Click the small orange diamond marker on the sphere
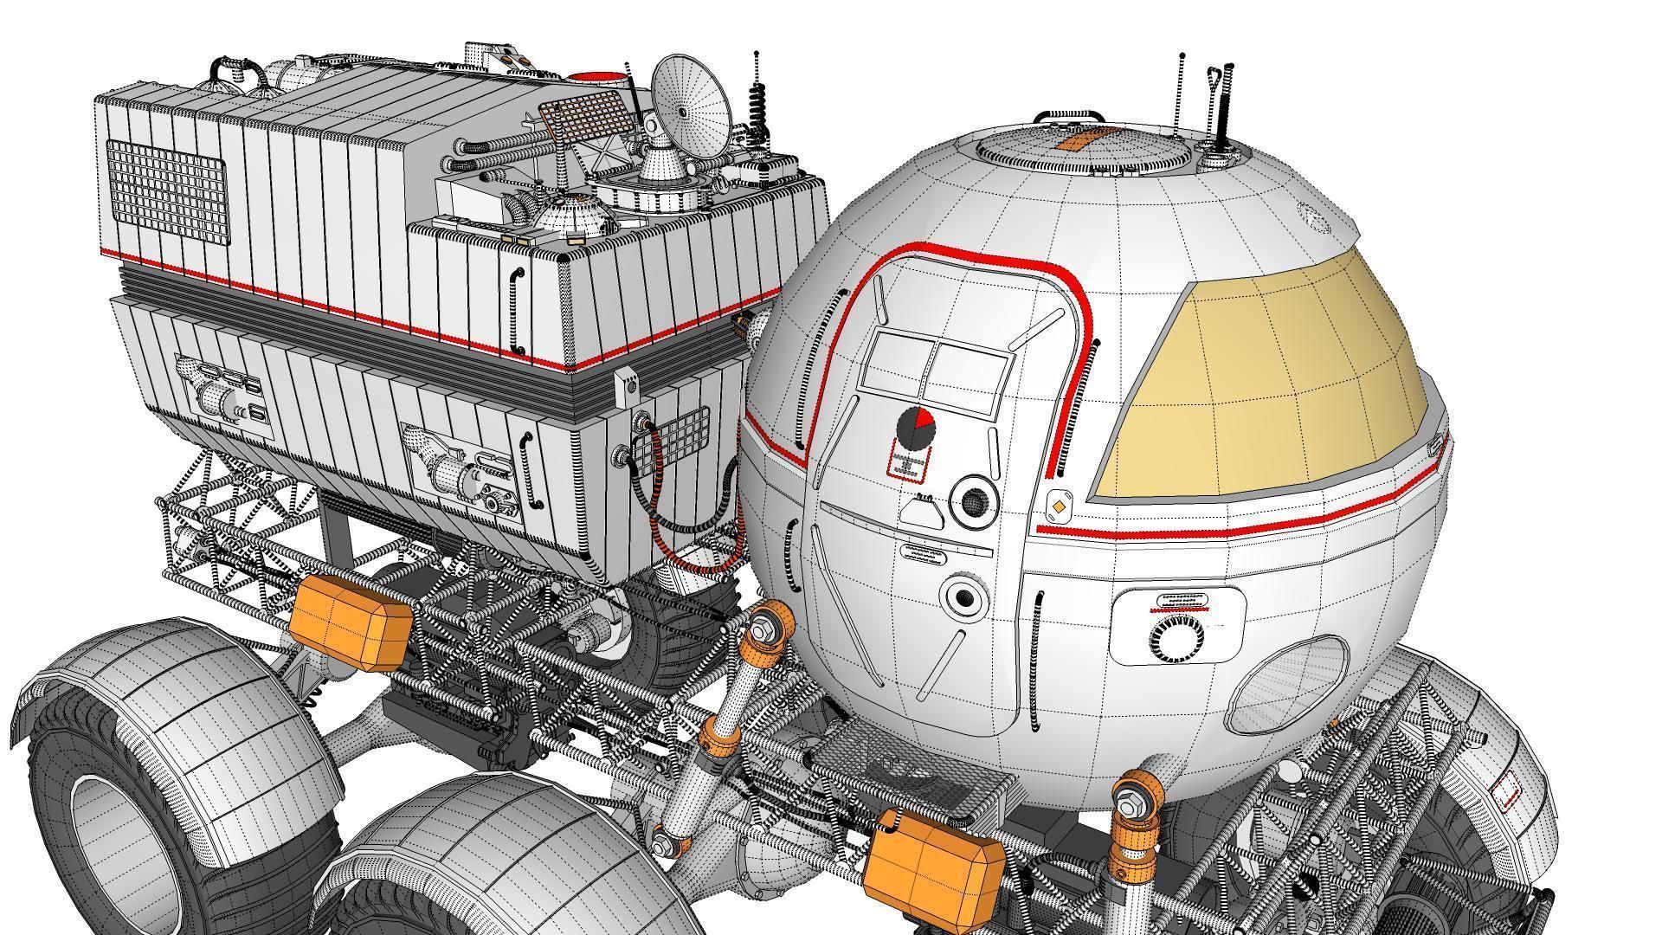[1058, 506]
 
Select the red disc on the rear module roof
[596, 77]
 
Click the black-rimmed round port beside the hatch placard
[974, 500]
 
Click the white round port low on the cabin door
[962, 597]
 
